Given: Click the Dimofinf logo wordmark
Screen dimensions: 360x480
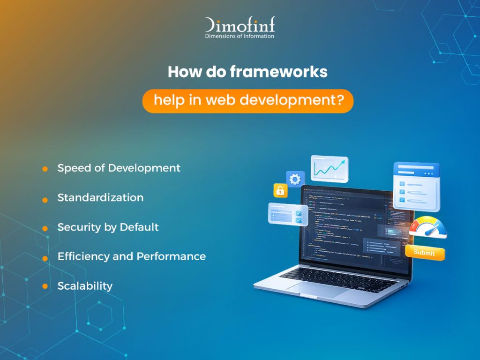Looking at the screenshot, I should pos(240,24).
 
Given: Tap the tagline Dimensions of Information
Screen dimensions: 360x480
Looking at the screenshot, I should pos(240,36).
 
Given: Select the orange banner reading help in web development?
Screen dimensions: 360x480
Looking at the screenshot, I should pos(247,101).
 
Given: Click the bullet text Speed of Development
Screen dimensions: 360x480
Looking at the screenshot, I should pos(119,168).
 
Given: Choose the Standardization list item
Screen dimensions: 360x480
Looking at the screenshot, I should pos(100,197).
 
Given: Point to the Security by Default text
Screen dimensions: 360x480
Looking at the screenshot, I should pos(108,227).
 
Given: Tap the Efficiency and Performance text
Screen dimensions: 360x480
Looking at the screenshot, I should pos(131,256).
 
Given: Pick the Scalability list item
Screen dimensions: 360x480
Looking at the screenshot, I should pos(85,285).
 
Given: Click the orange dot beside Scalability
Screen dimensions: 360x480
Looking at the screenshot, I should pos(45,286).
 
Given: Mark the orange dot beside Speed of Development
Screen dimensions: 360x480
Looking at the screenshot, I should pos(45,169).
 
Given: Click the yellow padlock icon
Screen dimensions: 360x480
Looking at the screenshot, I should pos(280,190).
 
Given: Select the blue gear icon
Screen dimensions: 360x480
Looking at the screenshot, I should pos(295,179).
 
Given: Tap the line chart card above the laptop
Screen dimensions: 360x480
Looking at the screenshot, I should pos(329,169).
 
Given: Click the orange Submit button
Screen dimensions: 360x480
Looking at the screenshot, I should pos(424,253).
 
